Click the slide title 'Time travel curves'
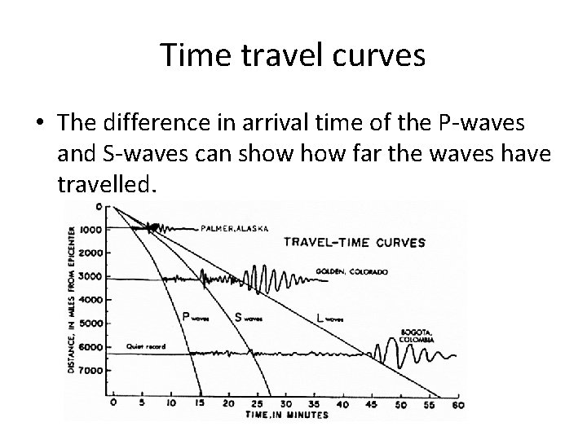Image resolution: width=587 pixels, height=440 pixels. coord(293,55)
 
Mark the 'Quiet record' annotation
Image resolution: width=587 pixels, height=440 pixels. coord(146,346)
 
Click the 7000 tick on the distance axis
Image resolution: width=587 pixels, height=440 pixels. coord(90,371)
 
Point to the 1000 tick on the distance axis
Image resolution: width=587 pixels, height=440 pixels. coord(90,230)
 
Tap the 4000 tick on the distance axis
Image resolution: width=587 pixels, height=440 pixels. coord(90,300)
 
